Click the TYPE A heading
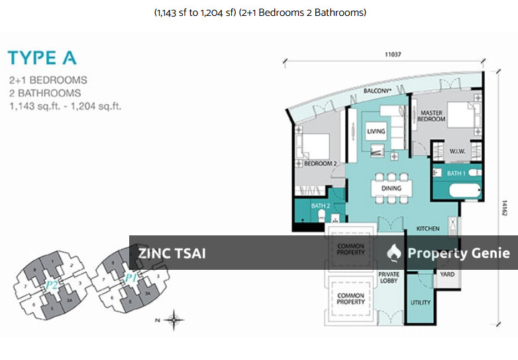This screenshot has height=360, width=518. (x=42, y=57)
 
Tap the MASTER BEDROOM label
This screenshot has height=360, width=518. (x=431, y=116)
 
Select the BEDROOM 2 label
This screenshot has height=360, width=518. (x=321, y=162)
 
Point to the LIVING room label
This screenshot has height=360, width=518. (x=376, y=131)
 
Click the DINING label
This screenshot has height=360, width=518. (x=391, y=188)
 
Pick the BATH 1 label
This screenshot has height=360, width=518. (x=456, y=173)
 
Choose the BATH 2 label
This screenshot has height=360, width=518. (x=321, y=206)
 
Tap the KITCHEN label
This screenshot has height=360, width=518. (x=428, y=229)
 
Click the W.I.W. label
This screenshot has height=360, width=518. (x=456, y=150)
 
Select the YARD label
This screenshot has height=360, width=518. (x=447, y=273)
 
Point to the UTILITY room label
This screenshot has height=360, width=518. (x=421, y=303)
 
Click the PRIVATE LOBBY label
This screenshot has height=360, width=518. (x=388, y=277)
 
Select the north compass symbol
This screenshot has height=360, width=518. (x=174, y=320)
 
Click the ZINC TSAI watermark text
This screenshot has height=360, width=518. (x=172, y=253)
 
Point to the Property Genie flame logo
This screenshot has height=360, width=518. (x=395, y=253)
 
